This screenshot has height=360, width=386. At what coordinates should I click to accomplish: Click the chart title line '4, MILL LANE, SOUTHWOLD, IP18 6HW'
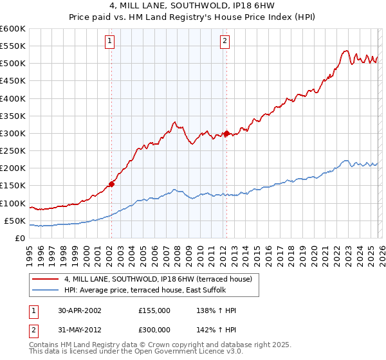tap(193, 5)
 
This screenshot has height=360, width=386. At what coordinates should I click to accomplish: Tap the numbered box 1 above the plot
tap(111, 42)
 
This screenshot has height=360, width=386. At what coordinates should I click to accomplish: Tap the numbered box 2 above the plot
tap(225, 42)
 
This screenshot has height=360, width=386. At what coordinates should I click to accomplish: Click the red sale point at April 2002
tap(111, 184)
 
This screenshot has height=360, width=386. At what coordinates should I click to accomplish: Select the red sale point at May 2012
tap(226, 134)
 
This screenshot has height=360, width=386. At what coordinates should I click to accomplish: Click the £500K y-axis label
tap(12, 64)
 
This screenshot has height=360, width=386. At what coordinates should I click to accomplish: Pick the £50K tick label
tap(14, 221)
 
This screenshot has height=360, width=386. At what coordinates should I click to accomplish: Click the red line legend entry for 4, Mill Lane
tap(161, 279)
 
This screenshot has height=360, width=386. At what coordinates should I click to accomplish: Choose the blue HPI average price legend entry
tap(152, 290)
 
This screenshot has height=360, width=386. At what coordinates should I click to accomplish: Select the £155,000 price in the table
tap(154, 310)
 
